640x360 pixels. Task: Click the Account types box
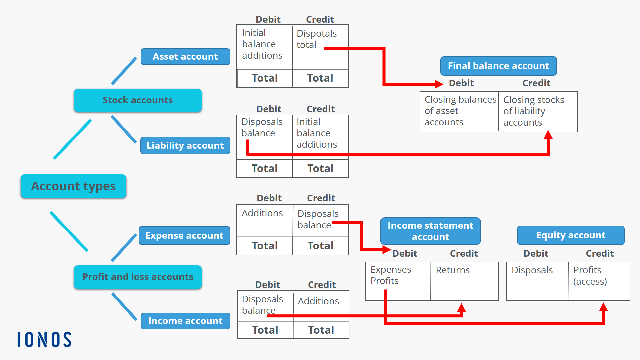pyautogui.click(x=73, y=186)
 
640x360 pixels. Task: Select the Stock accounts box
pyautogui.click(x=138, y=100)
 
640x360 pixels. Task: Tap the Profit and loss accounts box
pyautogui.click(x=138, y=277)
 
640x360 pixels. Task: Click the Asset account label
pyautogui.click(x=185, y=57)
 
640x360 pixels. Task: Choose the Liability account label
pyautogui.click(x=185, y=145)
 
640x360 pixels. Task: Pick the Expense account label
pyautogui.click(x=184, y=235)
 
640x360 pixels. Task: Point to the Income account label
pyautogui.click(x=185, y=321)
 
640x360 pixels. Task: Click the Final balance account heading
pyautogui.click(x=498, y=66)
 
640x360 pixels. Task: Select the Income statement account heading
pyautogui.click(x=430, y=231)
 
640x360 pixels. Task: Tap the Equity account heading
pyautogui.click(x=571, y=235)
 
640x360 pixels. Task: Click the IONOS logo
pyautogui.click(x=44, y=339)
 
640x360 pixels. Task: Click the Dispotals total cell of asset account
pyautogui.click(x=317, y=39)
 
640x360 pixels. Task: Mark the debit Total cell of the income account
pyautogui.click(x=265, y=330)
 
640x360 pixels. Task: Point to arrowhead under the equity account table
pyautogui.click(x=603, y=307)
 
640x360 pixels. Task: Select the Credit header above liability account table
pyautogui.click(x=321, y=109)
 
